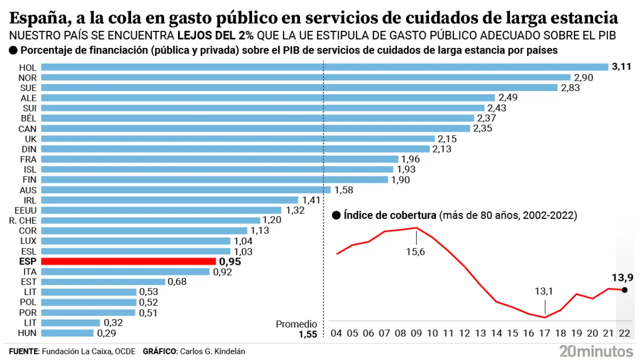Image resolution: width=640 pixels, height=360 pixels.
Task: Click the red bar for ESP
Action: click(x=128, y=261)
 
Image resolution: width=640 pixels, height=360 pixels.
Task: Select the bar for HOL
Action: click(x=324, y=67)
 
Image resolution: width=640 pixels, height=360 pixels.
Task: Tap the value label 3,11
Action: click(x=621, y=66)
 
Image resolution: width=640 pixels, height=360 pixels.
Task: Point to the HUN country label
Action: click(x=27, y=333)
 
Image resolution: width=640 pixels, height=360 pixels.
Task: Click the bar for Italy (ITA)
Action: click(x=125, y=271)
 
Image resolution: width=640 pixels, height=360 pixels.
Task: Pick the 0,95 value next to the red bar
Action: click(x=230, y=261)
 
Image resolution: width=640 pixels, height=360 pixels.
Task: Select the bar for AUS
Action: click(x=185, y=189)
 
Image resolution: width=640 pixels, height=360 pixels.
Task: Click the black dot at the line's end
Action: click(x=624, y=289)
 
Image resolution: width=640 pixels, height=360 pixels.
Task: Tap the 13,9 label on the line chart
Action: click(x=622, y=277)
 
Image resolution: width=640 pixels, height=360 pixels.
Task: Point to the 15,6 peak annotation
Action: click(x=415, y=251)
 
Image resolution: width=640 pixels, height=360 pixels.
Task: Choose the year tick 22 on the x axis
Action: click(x=624, y=333)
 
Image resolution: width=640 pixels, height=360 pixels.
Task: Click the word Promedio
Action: click(x=296, y=324)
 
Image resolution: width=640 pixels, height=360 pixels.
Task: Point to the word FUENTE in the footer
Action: click(x=23, y=351)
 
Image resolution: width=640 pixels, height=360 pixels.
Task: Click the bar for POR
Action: click(x=88, y=312)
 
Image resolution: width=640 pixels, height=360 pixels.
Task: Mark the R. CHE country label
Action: click(x=23, y=220)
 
